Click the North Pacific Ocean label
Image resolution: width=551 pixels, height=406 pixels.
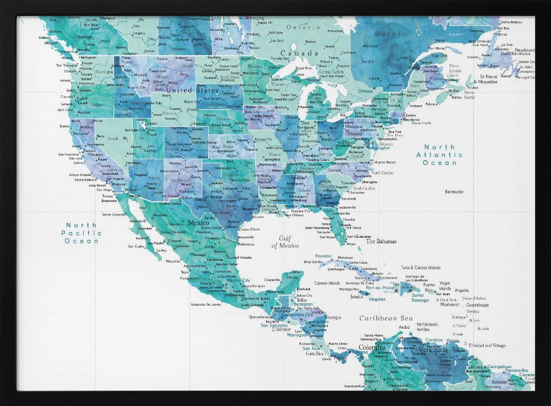click(x=82, y=233)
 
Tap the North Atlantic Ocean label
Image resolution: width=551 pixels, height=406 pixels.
click(x=440, y=155)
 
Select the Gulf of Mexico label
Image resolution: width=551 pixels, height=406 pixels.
click(x=285, y=242)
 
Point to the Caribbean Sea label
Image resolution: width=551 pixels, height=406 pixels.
click(x=386, y=318)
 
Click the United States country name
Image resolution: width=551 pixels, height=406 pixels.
click(x=192, y=90)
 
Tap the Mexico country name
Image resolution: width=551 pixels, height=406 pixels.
click(x=198, y=223)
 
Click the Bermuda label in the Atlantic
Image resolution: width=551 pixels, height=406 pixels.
click(x=454, y=191)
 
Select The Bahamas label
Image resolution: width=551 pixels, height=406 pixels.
click(x=381, y=241)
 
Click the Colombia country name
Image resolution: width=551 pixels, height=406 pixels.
click(x=372, y=347)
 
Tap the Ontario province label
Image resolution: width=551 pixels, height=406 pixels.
click(x=302, y=26)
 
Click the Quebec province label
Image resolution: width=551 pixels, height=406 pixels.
click(x=390, y=34)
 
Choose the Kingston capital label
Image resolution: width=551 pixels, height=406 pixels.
click(x=377, y=300)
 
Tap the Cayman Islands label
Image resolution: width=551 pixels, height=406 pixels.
click(x=327, y=284)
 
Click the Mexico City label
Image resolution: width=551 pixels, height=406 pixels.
click(x=239, y=280)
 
